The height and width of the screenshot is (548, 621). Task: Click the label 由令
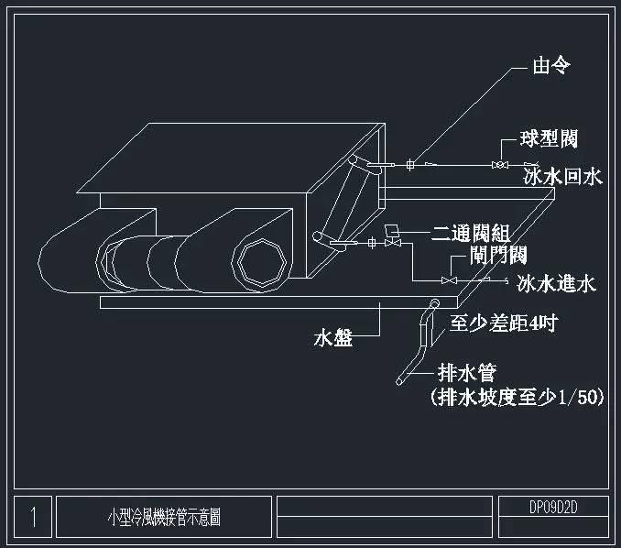click(x=554, y=67)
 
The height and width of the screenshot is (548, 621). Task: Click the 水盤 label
click(x=332, y=338)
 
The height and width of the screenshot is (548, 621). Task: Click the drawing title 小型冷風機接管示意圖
click(x=164, y=518)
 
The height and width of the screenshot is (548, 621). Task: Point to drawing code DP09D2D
click(x=555, y=506)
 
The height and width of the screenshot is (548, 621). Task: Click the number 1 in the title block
click(x=33, y=518)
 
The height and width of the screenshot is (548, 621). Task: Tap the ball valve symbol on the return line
click(x=499, y=165)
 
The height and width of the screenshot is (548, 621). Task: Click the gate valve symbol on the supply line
click(x=449, y=279)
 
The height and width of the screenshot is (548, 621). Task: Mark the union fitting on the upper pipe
click(x=409, y=165)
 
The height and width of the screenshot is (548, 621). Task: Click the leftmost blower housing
click(x=69, y=257)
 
